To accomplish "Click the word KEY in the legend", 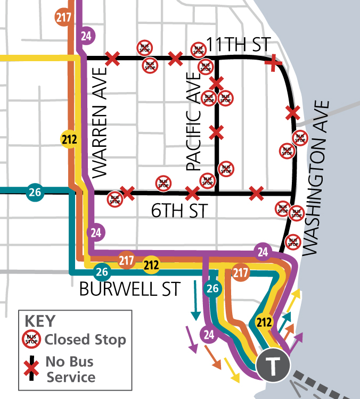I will click(40, 322).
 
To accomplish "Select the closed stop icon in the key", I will click(32, 339).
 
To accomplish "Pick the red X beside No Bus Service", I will click(32, 368).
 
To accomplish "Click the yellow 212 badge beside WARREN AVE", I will click(69, 140).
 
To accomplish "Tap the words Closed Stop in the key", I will click(85, 339).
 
